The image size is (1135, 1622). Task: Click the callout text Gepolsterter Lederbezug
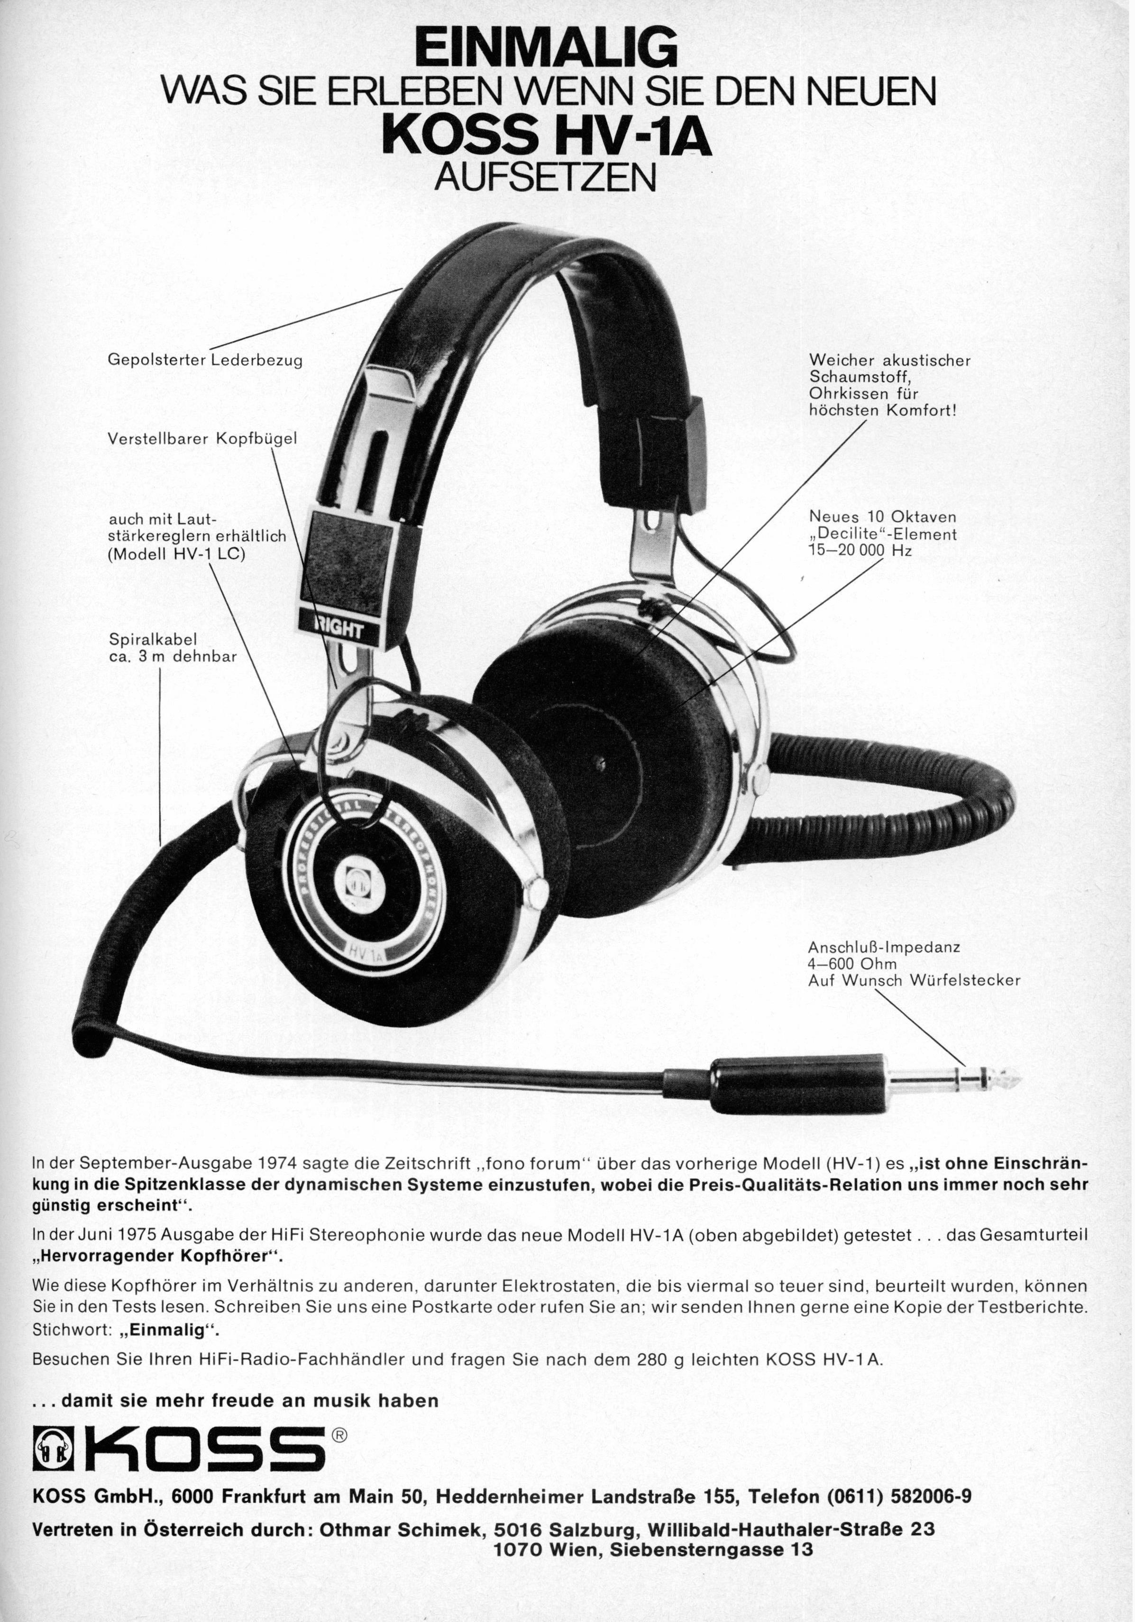click(x=205, y=360)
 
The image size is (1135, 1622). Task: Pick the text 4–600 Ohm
click(x=852, y=964)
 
